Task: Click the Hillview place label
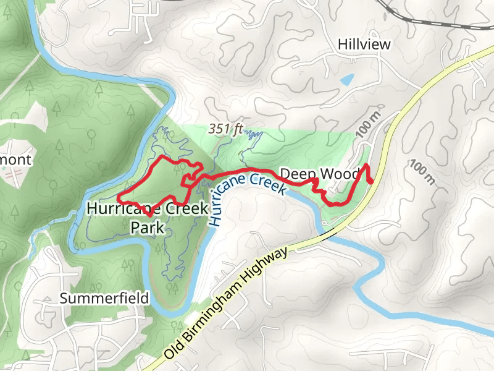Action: [x=364, y=45]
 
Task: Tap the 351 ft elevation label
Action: [x=227, y=129]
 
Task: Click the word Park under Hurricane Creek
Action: [x=148, y=228]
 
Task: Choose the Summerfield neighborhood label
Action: [x=104, y=298]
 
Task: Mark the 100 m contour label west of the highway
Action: [x=368, y=126]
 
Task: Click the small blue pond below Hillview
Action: [x=347, y=79]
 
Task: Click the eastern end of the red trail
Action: [x=372, y=181]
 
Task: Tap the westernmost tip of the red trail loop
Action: [x=119, y=201]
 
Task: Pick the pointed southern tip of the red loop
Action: [x=149, y=215]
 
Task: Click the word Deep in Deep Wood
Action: [x=295, y=174]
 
